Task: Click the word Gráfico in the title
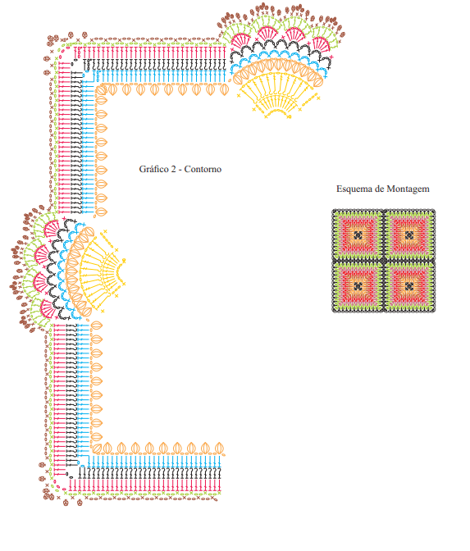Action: click(154, 170)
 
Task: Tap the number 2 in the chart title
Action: click(173, 170)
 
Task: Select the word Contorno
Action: click(203, 169)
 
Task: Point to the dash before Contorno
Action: click(180, 170)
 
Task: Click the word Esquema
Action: click(354, 189)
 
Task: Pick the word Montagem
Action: click(408, 189)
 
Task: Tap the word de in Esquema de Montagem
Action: click(379, 189)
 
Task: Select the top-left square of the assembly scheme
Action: click(358, 235)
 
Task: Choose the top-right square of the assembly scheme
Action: click(409, 235)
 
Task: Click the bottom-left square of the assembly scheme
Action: click(358, 286)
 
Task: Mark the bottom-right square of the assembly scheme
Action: click(409, 286)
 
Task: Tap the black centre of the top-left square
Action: click(358, 235)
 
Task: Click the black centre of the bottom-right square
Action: click(409, 286)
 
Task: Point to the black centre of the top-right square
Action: click(409, 235)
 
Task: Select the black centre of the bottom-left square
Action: click(358, 286)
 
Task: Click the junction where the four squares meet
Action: click(384, 261)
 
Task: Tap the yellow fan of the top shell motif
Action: click(278, 94)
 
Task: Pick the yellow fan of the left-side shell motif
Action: click(102, 271)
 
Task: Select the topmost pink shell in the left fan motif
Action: click(52, 229)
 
